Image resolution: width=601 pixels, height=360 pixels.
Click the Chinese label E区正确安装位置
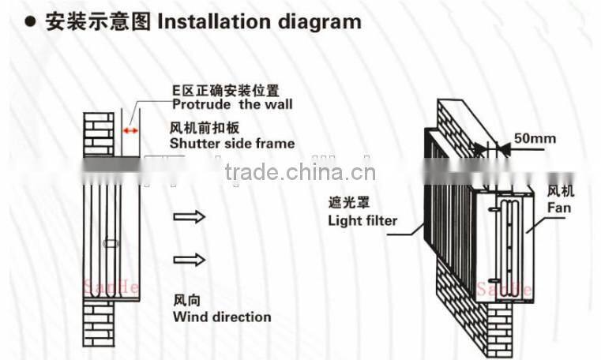227,89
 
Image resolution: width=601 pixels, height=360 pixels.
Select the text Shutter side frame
231,143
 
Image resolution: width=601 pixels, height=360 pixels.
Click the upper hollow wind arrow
190,216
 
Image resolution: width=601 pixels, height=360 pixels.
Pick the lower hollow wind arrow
190,259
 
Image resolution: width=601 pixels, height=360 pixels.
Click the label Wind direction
222,317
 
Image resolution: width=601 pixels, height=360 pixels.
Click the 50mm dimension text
537,139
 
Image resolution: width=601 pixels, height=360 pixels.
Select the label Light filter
362,220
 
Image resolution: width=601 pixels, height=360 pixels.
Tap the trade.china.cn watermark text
300,172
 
